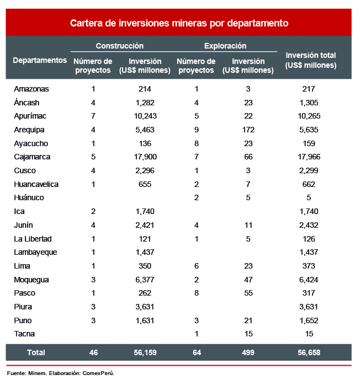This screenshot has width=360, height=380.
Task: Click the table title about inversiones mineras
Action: (179, 23)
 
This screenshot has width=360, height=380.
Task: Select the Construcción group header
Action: (119, 46)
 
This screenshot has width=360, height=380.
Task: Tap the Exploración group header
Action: (225, 46)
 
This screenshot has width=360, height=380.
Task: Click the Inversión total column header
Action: (310, 60)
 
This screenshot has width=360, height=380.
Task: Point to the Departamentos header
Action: (40, 60)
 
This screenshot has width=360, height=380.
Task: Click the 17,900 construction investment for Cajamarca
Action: (145, 157)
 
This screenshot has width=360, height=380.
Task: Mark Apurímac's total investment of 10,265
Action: (309, 116)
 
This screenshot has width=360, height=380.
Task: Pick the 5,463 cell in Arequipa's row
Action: (145, 130)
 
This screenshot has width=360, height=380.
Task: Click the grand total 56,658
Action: (309, 352)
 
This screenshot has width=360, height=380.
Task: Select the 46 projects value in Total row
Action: (93, 352)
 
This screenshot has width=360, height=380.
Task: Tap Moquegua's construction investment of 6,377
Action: (145, 280)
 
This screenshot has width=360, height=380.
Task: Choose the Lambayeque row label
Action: (35, 252)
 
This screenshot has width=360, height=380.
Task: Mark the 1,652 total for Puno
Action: (309, 320)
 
